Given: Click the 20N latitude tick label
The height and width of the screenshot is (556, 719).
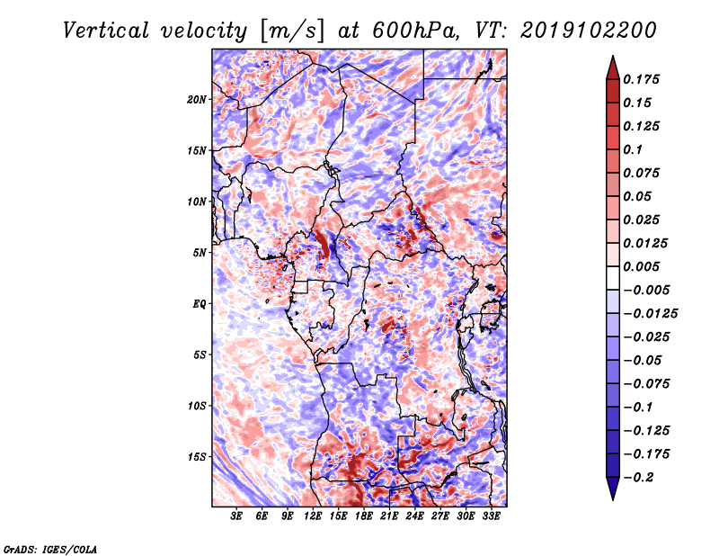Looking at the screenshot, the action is coord(197,100).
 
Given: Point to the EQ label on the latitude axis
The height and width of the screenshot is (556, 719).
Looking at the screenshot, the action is coord(200,304).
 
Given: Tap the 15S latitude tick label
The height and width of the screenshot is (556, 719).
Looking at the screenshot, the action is coord(197,457).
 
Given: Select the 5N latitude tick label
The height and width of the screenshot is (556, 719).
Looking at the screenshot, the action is coord(200,253).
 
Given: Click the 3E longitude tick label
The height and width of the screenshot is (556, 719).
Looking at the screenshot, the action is coord(236,516).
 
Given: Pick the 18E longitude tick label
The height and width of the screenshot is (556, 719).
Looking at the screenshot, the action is coord(364,516).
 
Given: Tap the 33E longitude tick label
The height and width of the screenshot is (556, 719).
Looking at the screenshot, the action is coord(491,516).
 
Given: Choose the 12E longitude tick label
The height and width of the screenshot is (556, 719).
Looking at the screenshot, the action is coord(313,516).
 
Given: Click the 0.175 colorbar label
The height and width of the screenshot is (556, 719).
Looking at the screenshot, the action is coord(641,79).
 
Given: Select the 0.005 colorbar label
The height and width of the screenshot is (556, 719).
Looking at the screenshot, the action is coord(641,266).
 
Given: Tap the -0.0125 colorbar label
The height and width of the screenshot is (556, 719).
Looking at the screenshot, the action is coord(650,314).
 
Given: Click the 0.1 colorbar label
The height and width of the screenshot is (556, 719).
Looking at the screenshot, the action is coord(633,149).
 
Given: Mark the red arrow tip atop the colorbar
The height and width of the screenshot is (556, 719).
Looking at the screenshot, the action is coord(613,56).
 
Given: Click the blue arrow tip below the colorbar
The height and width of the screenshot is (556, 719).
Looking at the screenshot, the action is coord(613,499).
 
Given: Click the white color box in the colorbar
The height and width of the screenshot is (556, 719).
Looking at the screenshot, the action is coord(613,278).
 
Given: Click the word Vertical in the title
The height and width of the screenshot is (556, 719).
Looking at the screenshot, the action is coord(105,31).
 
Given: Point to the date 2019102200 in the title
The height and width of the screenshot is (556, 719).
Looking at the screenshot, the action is coord(588,31).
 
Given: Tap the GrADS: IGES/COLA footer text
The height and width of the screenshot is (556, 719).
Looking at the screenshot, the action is coord(50,549).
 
